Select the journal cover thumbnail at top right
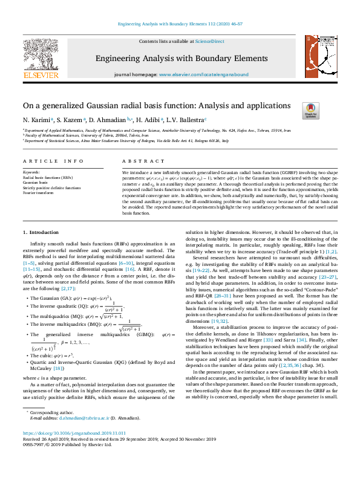click(318, 58)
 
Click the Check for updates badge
click(310, 110)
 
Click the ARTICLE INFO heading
click(53, 161)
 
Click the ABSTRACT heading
click(139, 161)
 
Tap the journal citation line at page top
click(180, 25)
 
